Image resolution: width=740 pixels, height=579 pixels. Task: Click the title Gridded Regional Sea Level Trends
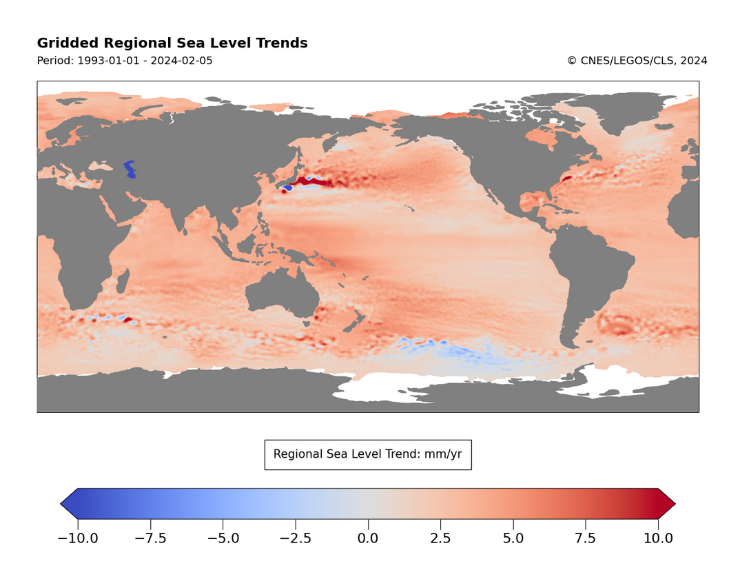point(172,43)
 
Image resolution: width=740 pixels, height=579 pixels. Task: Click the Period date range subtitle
point(125,61)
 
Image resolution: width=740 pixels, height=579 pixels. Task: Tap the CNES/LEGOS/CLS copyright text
point(637,61)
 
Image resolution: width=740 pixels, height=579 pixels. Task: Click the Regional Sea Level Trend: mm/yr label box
point(368,454)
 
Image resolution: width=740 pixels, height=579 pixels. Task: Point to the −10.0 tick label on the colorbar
point(78,538)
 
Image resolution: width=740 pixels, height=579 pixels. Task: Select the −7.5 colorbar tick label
point(151,538)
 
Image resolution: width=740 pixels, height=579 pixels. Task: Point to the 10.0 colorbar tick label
point(658,538)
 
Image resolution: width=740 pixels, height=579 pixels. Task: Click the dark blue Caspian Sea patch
point(130,168)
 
